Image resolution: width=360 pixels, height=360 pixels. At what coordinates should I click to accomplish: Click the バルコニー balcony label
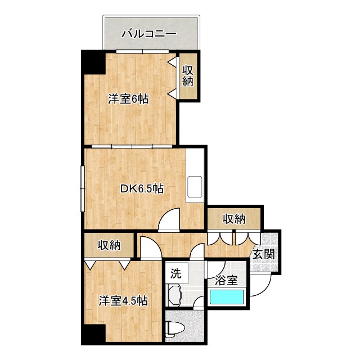pos(149,34)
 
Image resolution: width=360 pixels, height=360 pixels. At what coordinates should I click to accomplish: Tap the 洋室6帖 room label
pos(128,99)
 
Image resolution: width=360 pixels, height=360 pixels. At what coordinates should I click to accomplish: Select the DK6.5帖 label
pos(142,189)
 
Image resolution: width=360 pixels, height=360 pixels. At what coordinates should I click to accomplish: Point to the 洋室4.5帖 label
pos(123,301)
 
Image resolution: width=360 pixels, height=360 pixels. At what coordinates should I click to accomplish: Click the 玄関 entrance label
pos(264,255)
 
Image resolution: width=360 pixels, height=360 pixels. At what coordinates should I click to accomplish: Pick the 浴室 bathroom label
pos(226,280)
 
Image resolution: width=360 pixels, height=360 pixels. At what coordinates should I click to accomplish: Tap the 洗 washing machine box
pos(177,273)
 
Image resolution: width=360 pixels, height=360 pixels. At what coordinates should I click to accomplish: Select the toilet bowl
pos(174,328)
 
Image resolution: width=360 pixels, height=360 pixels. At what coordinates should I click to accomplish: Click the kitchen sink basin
pos(195,187)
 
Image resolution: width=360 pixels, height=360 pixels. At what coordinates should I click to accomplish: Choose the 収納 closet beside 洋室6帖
pos(188,76)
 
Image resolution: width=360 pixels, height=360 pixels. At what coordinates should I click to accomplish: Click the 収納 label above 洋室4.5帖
pos(109,245)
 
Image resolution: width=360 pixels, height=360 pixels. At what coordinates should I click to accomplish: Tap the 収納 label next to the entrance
pos(234,219)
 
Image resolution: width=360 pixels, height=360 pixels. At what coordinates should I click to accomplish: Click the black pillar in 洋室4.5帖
pos(93,334)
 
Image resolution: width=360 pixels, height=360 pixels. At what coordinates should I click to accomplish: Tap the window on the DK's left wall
pos(83,189)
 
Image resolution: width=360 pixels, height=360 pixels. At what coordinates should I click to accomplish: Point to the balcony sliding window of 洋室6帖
pos(142,51)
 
